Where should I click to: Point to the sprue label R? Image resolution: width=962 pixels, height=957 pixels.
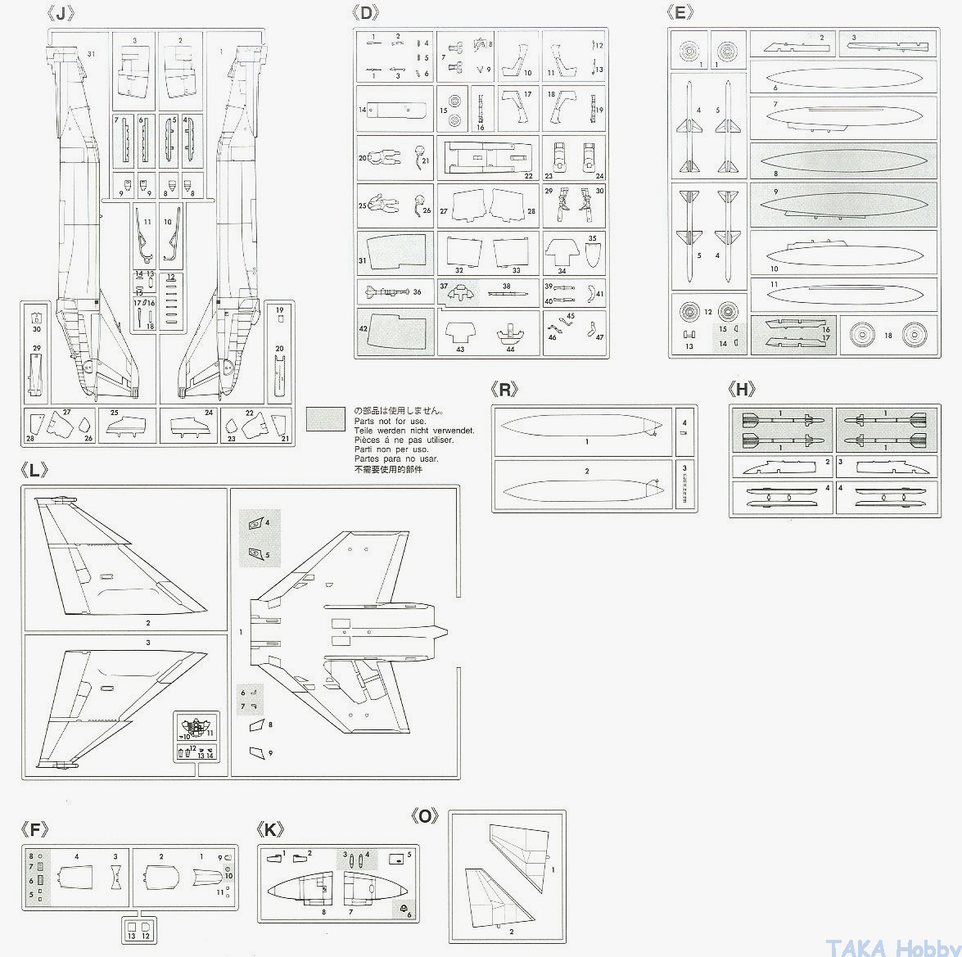(505, 390)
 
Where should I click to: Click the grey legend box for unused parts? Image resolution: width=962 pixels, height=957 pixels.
(326, 420)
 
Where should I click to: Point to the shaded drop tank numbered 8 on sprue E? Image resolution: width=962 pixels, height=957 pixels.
(843, 159)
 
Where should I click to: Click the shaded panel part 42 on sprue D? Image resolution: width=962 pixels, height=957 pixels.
(396, 331)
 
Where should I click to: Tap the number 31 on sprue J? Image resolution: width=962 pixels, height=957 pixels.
(91, 54)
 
